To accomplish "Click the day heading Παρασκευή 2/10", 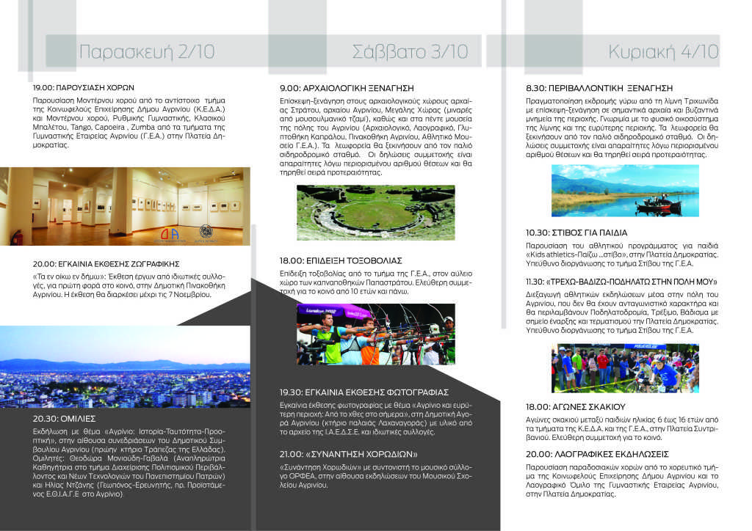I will click(x=147, y=52).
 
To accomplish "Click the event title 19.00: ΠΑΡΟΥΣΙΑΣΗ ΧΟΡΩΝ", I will click(x=84, y=87).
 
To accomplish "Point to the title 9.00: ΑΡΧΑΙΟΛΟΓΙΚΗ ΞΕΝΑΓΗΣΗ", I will click(x=347, y=87).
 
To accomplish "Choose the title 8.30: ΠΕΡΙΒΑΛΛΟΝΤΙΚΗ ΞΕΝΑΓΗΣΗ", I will click(x=599, y=87).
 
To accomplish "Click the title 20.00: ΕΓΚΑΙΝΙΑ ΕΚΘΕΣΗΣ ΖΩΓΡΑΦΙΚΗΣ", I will click(x=106, y=263).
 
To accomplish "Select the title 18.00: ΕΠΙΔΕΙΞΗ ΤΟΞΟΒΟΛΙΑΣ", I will click(x=341, y=260).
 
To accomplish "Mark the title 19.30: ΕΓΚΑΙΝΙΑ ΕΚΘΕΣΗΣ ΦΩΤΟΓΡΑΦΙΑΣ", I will click(x=364, y=392).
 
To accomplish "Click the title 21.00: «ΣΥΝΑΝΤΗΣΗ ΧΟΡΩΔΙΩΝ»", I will click(x=348, y=454).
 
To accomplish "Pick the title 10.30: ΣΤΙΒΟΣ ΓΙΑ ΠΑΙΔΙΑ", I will click(x=576, y=232).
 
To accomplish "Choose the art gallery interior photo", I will click(x=125, y=206).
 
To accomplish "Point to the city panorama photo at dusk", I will click(x=125, y=367).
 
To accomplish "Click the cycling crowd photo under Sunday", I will click(x=625, y=368).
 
